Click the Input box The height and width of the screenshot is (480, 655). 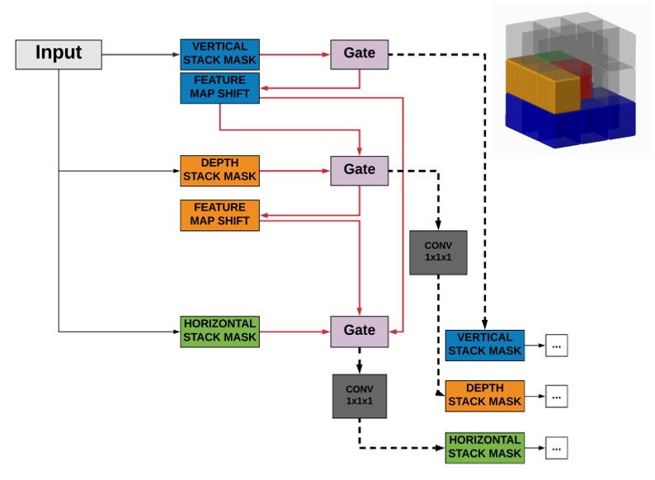59,54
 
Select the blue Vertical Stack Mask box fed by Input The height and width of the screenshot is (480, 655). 219,54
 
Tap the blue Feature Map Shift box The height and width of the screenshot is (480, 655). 219,87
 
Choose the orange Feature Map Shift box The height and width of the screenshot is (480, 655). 219,214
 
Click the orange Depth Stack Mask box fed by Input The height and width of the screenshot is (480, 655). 219,170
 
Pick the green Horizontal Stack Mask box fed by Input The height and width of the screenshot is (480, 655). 219,331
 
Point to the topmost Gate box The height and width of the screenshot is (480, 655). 359,54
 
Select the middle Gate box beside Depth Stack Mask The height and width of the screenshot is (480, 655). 359,170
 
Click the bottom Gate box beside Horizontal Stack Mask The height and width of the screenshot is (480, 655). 359,331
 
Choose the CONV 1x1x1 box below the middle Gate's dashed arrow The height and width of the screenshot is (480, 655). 437,252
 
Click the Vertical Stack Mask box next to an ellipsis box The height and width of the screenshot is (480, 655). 484,344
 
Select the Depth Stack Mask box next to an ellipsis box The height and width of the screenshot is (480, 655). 484,396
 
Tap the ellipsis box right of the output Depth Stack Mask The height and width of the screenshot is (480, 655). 557,398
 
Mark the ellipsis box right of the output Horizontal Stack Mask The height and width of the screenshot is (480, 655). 557,449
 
